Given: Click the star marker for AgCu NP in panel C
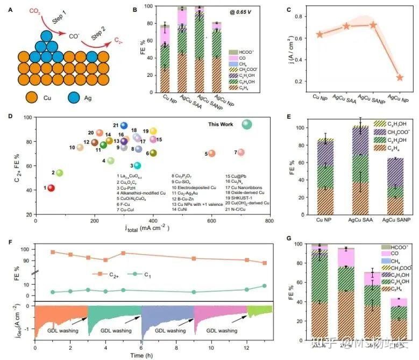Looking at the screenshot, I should (400, 77).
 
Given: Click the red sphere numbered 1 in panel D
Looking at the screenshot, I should (52, 188).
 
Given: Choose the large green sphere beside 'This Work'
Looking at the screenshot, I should (247, 125).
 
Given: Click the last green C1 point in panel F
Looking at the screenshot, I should (264, 286).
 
